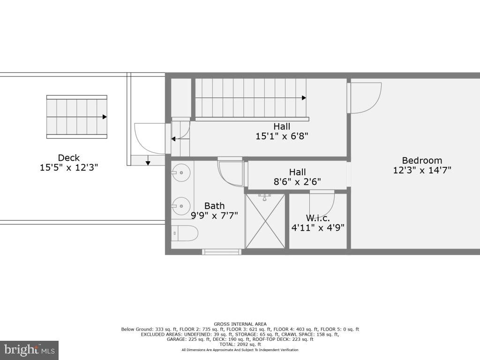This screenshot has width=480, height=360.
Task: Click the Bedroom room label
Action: click(422, 160)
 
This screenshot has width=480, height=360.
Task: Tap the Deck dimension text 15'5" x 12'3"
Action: click(69, 167)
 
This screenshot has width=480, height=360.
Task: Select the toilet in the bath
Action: click(184, 233)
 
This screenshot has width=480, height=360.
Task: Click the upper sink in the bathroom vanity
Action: click(181, 172)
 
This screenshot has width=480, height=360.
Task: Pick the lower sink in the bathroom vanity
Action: click(181, 206)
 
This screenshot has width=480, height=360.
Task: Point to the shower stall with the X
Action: click(265, 221)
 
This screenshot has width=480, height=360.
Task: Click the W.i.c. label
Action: click(318, 218)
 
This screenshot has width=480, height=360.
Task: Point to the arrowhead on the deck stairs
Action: click(105, 117)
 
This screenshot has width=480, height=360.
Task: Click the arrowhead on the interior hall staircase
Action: click(304, 98)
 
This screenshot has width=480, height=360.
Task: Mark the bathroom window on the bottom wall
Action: click(221, 252)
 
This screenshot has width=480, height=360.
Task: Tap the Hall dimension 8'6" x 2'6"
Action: click(297, 182)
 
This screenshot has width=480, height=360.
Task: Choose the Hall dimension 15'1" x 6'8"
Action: click(282, 136)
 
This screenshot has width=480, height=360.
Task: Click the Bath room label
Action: click(214, 206)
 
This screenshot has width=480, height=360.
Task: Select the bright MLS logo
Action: click(29, 350)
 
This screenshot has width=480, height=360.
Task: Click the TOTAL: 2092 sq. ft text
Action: click(240, 345)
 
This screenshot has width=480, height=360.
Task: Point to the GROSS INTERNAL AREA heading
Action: click(240, 324)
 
